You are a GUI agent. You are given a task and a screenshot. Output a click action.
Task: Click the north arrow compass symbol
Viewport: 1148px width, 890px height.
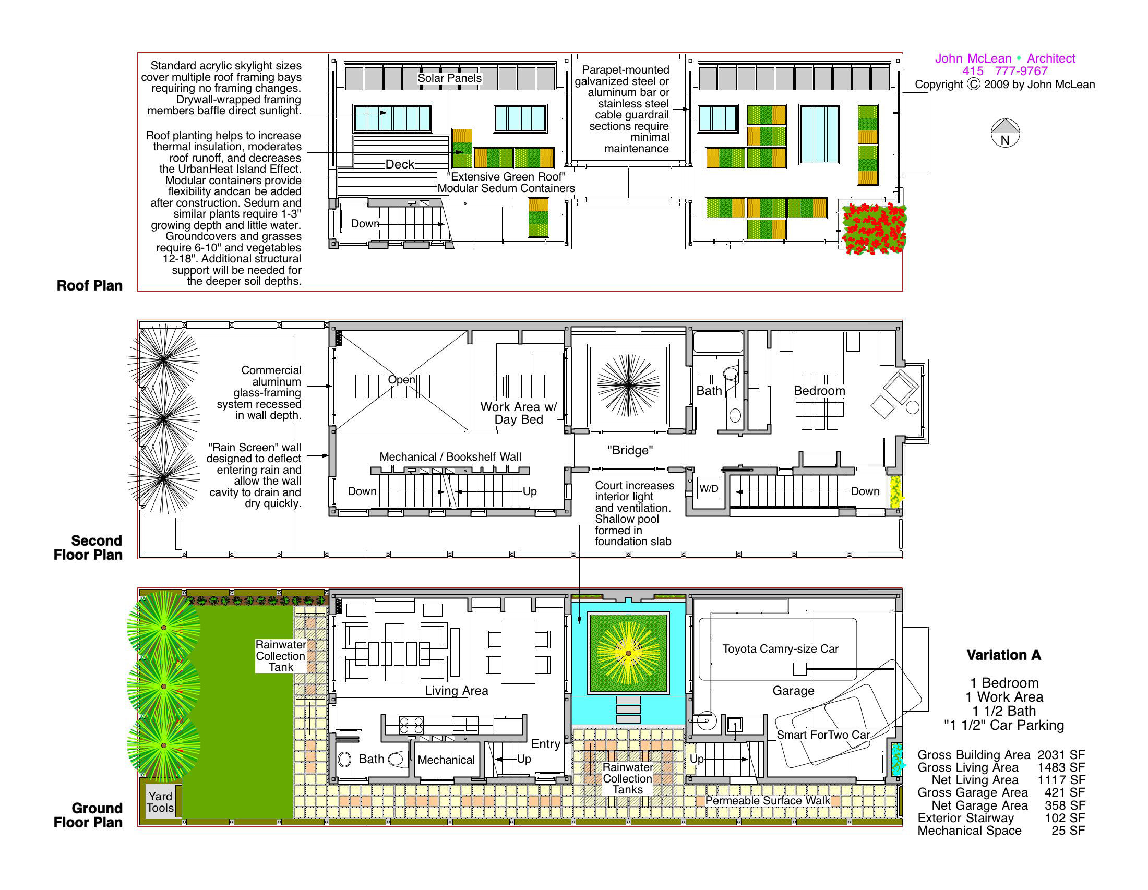pos(1004,133)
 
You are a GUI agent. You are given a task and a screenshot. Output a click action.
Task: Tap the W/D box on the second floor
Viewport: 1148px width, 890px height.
pos(708,489)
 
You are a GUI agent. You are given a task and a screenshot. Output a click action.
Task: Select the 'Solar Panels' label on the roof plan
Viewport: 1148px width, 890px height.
pos(449,78)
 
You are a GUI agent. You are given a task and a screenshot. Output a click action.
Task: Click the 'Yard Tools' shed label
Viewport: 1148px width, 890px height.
pos(160,802)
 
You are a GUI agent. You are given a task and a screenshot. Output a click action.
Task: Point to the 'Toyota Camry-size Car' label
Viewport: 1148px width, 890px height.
pos(780,649)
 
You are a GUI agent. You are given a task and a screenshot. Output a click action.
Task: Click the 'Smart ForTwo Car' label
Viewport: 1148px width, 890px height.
pos(823,735)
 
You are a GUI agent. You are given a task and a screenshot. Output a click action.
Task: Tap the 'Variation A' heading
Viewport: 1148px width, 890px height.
pos(1003,655)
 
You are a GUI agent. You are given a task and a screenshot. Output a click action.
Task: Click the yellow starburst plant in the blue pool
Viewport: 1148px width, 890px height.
pos(629,653)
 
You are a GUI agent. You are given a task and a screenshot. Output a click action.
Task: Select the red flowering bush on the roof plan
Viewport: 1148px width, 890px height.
pos(874,229)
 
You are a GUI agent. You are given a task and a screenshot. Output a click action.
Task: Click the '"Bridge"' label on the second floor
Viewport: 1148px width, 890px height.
pos(630,450)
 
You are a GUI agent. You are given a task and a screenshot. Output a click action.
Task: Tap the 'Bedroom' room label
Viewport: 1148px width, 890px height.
pos(819,391)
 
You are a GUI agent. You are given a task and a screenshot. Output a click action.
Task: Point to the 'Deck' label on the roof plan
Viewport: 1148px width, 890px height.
pos(400,164)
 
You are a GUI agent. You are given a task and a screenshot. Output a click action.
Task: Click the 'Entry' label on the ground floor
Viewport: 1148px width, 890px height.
pos(546,744)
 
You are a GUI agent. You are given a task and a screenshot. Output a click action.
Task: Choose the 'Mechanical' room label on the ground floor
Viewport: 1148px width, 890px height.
pos(446,760)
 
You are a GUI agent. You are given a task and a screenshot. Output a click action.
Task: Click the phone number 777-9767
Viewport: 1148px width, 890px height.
pos(1021,71)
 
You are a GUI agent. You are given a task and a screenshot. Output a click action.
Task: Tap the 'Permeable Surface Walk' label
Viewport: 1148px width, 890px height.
pos(768,801)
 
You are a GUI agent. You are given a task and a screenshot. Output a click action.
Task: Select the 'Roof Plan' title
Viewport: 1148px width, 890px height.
pos(89,286)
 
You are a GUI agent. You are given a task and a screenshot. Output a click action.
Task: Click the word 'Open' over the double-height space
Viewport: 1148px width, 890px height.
pos(402,380)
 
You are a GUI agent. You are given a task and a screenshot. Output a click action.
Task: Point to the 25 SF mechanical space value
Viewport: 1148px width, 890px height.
pos(1068,831)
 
